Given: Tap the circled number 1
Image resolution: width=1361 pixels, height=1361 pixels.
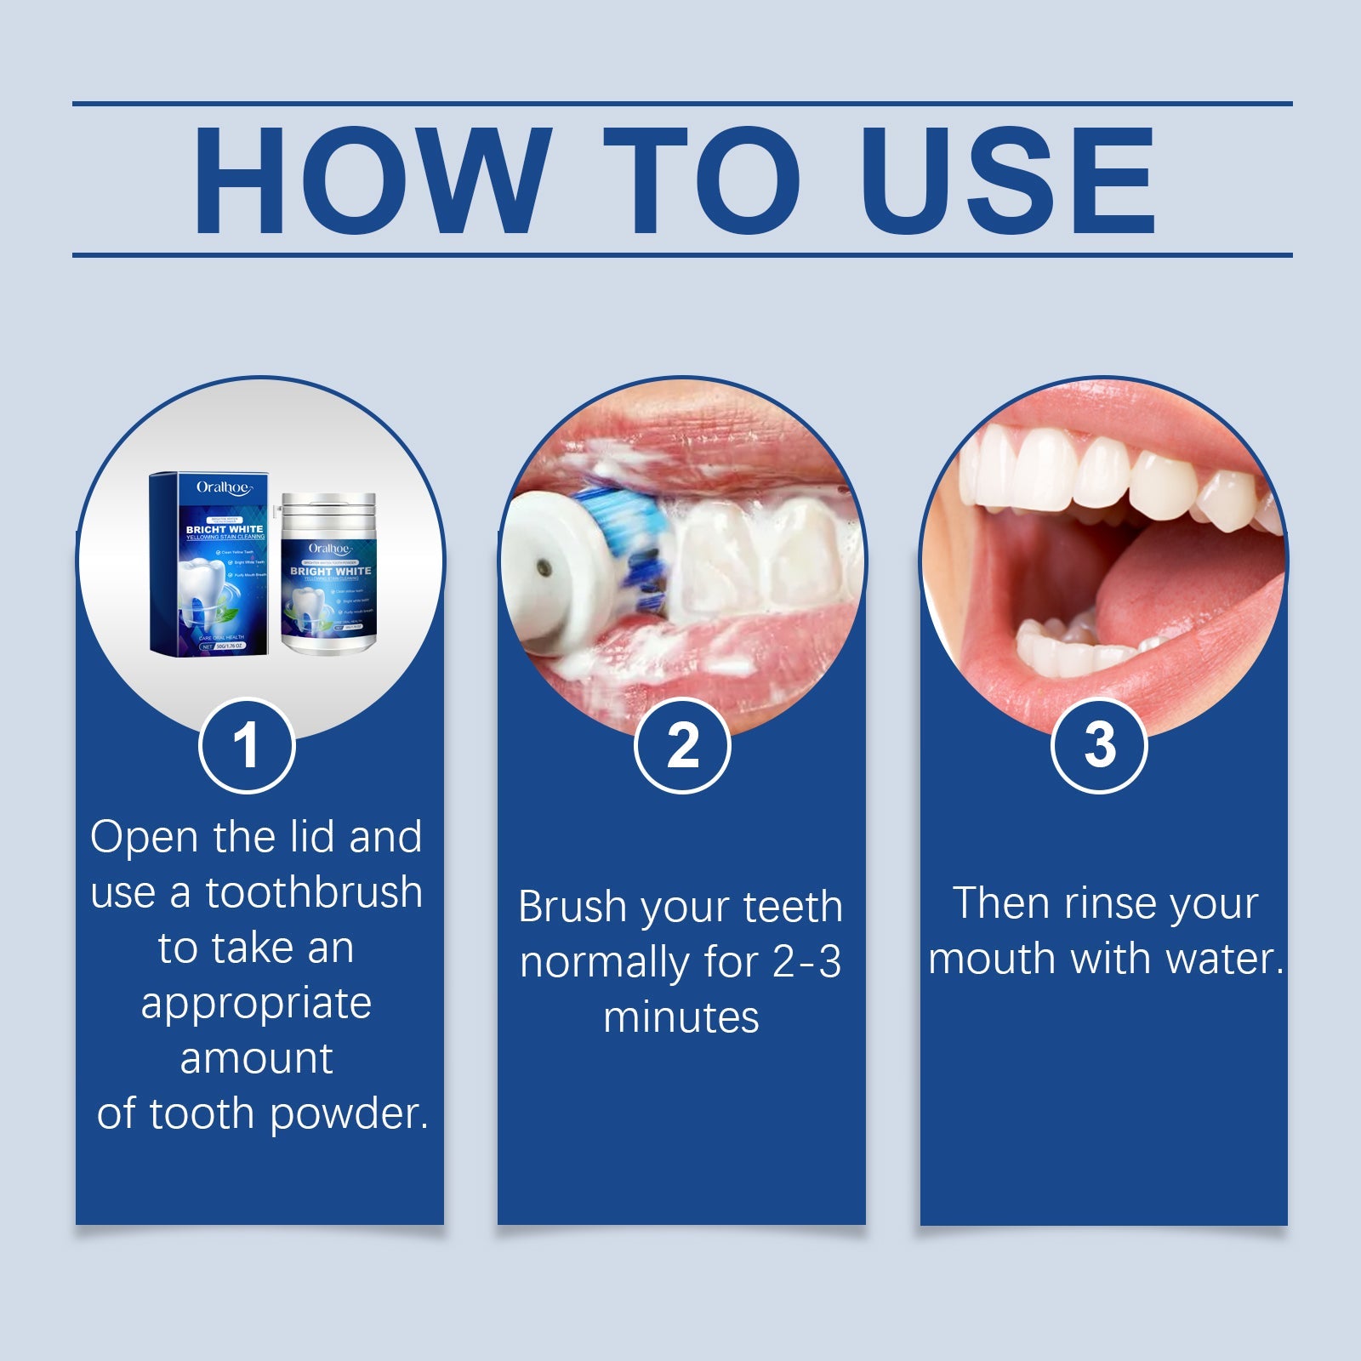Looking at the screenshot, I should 247,746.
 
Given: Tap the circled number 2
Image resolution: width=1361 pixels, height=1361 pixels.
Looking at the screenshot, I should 682,746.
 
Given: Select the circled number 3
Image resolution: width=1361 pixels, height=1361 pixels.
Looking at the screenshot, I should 1099,746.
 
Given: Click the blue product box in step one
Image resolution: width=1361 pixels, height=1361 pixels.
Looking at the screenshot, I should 209,565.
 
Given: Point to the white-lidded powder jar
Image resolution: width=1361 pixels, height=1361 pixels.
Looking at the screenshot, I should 328,574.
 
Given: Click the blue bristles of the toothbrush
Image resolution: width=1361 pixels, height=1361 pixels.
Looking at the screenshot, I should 634,544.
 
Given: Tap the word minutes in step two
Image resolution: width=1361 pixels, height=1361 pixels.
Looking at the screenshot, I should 680,1018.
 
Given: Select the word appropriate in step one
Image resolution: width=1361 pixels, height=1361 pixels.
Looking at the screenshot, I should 256,1004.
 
